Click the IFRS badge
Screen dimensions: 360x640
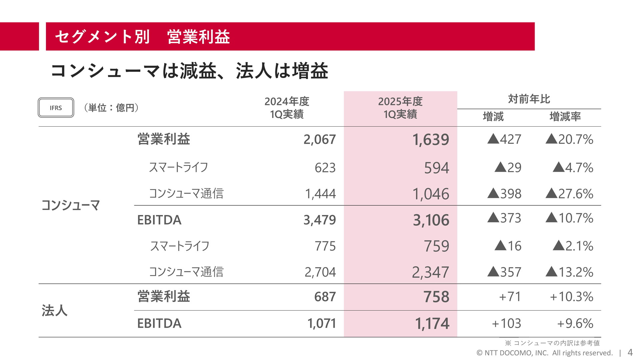[x=56, y=108]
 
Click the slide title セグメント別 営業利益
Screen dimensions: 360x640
[x=142, y=37]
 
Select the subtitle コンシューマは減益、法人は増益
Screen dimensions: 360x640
[x=189, y=71]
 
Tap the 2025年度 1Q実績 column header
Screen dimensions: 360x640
[x=400, y=108]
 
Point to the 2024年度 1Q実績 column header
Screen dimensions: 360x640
[x=287, y=108]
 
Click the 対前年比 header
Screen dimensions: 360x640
[x=529, y=99]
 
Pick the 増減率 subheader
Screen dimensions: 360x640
[x=565, y=117]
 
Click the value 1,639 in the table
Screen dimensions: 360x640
[x=431, y=139]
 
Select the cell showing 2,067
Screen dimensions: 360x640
[x=319, y=139]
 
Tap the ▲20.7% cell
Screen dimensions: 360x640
[x=569, y=139]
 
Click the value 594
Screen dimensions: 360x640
[x=436, y=168]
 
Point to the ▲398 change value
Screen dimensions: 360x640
[x=504, y=194]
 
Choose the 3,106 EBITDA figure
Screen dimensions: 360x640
[x=431, y=220]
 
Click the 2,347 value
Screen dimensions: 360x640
[x=430, y=272]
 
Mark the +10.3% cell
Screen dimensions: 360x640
[x=571, y=297]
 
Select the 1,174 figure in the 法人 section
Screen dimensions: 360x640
[x=432, y=323]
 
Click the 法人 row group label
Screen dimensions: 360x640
[x=54, y=310]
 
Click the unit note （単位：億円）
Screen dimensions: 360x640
[x=111, y=108]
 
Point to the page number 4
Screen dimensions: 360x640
[x=630, y=352]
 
